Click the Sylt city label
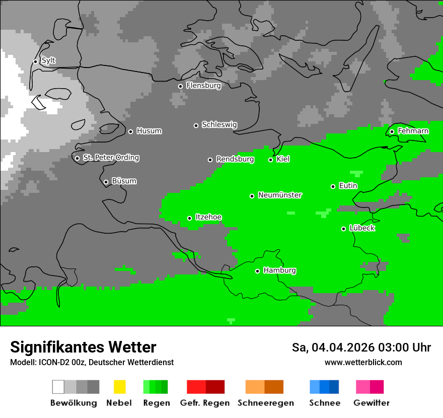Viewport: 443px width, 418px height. (x=48, y=61)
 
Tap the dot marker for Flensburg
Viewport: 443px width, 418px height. (x=180, y=86)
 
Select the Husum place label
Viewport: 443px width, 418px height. (x=149, y=131)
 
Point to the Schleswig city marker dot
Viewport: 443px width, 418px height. (x=196, y=125)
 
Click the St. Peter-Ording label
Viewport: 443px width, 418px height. (x=111, y=158)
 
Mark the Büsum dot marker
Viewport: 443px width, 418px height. (x=106, y=182)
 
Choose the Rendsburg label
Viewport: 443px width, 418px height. (x=235, y=160)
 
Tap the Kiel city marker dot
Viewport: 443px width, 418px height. (x=270, y=160)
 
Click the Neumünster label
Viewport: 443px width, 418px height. (x=280, y=195)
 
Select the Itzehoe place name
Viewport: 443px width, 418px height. (x=208, y=218)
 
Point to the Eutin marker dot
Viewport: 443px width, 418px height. (x=333, y=186)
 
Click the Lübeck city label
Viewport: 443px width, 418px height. (x=362, y=229)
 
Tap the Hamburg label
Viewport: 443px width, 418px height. (x=279, y=271)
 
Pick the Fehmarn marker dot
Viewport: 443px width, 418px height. (x=392, y=131)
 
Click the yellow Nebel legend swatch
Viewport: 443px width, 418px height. (x=119, y=387)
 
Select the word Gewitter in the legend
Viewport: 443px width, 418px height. (x=371, y=403)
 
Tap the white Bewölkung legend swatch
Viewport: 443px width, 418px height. (x=58, y=387)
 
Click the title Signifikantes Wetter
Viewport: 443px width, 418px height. (x=83, y=347)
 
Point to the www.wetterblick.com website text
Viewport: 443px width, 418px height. (x=363, y=362)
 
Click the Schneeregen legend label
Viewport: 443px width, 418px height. (x=265, y=403)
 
